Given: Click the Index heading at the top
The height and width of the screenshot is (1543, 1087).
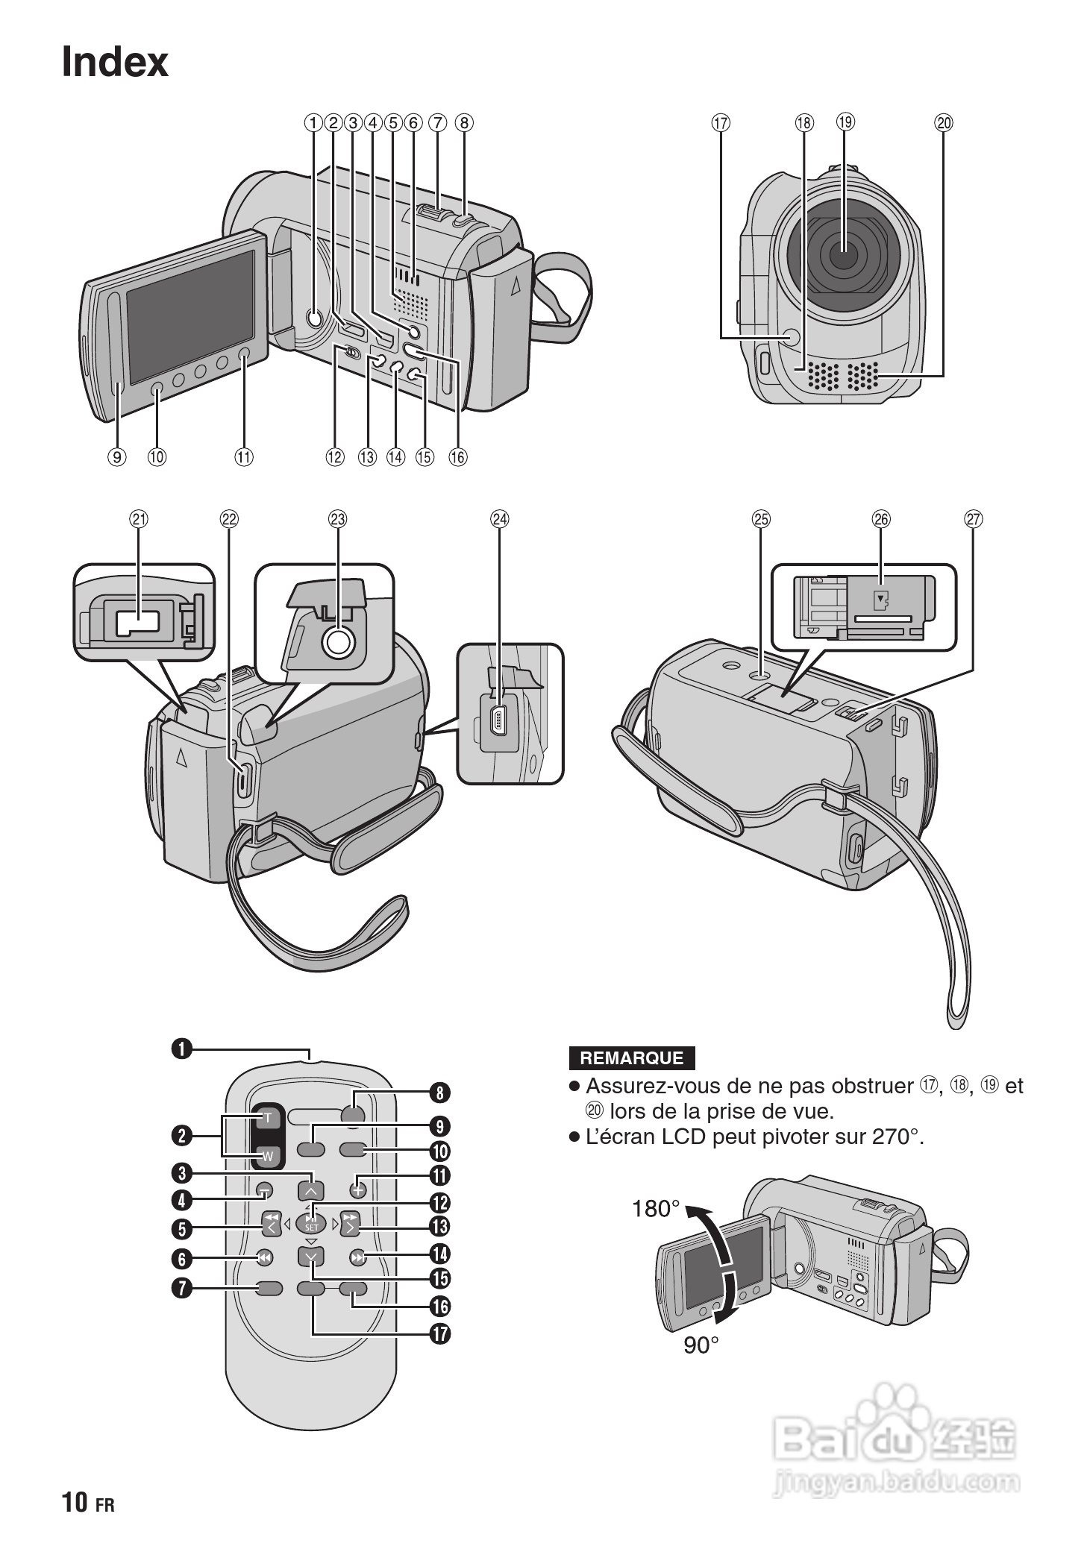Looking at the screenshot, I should [x=115, y=62].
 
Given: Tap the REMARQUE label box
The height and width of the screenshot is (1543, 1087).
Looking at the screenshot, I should [x=631, y=1058].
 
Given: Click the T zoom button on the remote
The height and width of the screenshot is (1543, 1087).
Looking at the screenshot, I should [x=268, y=1118].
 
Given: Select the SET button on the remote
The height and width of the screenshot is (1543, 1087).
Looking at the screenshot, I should [x=311, y=1222].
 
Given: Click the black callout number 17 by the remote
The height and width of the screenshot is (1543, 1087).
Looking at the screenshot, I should [x=440, y=1333].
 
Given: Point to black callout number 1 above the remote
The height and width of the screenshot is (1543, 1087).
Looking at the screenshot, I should [x=181, y=1049].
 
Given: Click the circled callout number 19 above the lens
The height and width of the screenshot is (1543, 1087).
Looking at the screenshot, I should [x=845, y=122].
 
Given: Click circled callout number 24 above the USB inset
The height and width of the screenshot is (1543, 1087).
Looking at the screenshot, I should [x=499, y=519].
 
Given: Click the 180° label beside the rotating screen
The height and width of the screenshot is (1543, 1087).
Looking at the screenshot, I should [x=656, y=1209].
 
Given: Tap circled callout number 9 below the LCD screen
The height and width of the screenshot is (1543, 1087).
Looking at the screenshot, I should [x=118, y=456].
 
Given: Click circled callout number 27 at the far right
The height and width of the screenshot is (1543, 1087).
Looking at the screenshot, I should [x=974, y=519].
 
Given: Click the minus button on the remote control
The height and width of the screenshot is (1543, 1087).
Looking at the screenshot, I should [x=266, y=1190].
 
